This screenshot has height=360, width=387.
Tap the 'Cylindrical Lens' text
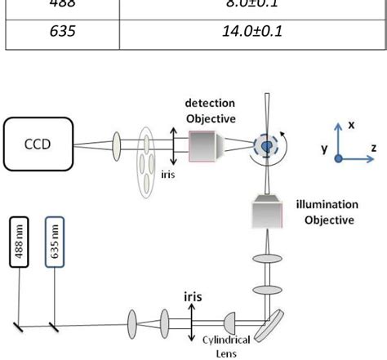point(224,345)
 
